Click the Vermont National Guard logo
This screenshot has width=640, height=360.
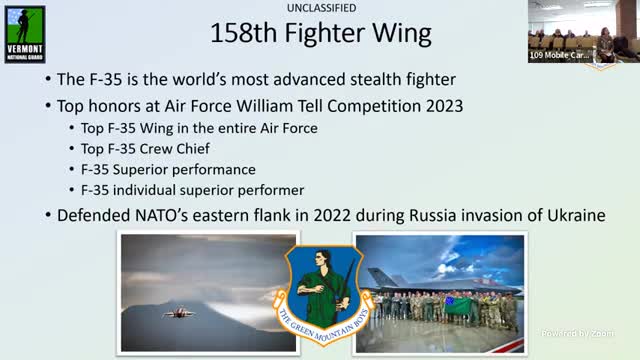[x=24, y=33]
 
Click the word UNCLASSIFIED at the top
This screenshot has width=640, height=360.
[x=320, y=8]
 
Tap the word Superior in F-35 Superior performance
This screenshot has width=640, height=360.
[x=147, y=169]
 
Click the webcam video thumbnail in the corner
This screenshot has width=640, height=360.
[x=584, y=31]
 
